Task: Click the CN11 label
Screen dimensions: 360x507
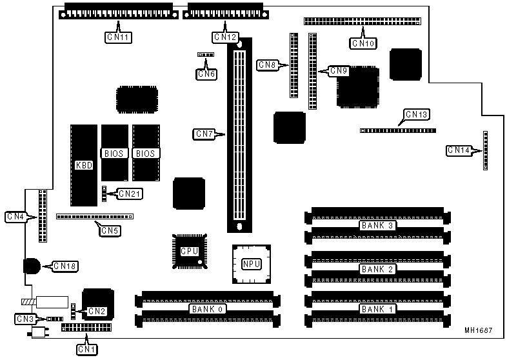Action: (x=118, y=38)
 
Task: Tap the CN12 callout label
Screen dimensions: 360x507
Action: (x=225, y=37)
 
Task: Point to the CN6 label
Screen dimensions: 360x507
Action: (x=206, y=74)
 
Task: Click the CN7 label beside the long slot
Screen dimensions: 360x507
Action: (x=204, y=134)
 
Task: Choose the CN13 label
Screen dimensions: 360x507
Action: (x=417, y=115)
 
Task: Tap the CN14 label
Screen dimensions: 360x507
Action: (x=459, y=150)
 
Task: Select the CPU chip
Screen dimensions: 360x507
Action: (x=189, y=251)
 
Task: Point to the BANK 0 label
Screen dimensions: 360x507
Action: (x=206, y=309)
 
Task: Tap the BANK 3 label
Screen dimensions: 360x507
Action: (x=377, y=225)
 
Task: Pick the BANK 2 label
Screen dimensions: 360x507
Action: (x=377, y=269)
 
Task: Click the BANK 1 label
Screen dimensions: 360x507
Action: (x=377, y=309)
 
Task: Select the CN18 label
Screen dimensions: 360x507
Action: (x=65, y=265)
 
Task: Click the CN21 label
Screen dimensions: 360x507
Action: (x=130, y=193)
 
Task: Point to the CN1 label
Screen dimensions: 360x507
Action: (x=87, y=349)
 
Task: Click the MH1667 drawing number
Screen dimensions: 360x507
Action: (x=478, y=330)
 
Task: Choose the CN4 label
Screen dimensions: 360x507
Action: (x=16, y=216)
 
